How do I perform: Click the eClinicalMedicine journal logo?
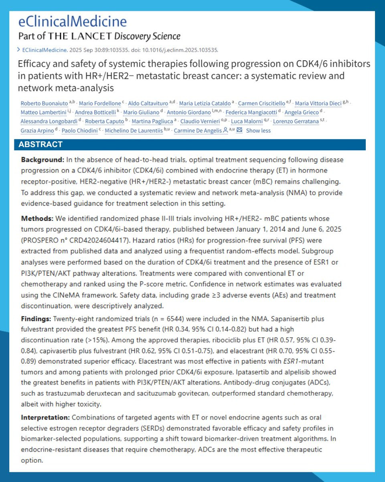point(73,21)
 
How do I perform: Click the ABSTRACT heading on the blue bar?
point(38,145)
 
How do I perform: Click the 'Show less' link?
point(258,131)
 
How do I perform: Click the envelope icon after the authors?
point(239,131)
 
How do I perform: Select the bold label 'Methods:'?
point(36,219)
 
